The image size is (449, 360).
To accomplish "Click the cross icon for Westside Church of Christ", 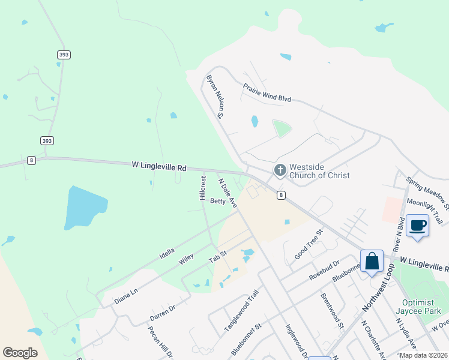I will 280,170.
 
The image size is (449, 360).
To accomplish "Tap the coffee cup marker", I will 418,226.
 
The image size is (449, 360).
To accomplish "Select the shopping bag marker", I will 372,261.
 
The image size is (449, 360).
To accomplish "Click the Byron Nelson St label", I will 214,95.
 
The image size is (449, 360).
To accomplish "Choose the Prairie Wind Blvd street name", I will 267,92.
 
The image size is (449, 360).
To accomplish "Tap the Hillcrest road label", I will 203,188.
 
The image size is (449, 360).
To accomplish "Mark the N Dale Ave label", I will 228,193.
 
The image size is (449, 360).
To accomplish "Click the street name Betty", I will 218,202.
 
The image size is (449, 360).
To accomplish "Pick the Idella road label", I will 167,253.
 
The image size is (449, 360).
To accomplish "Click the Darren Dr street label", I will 162,311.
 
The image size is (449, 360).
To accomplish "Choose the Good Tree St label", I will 309,244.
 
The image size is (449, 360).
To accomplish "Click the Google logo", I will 20,353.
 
